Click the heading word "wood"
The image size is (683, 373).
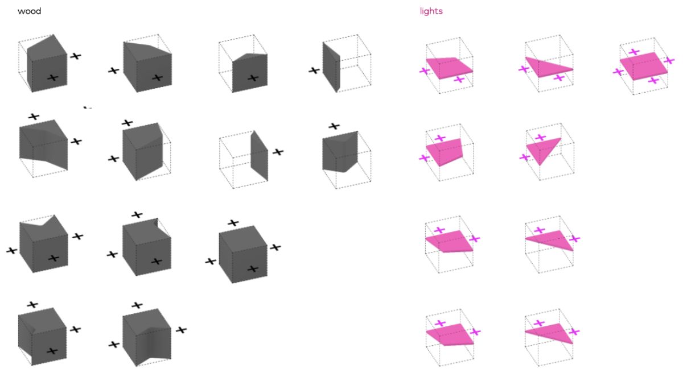[x=29, y=11]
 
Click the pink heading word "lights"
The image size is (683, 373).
[x=431, y=11]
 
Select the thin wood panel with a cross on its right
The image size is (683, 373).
[x=259, y=156]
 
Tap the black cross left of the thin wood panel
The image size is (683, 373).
[x=314, y=71]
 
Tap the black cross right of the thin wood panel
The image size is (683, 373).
[x=278, y=152]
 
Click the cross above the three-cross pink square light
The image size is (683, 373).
[x=633, y=52]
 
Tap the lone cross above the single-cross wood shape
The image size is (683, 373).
[x=334, y=126]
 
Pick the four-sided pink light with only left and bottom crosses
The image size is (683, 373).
[x=449, y=67]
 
